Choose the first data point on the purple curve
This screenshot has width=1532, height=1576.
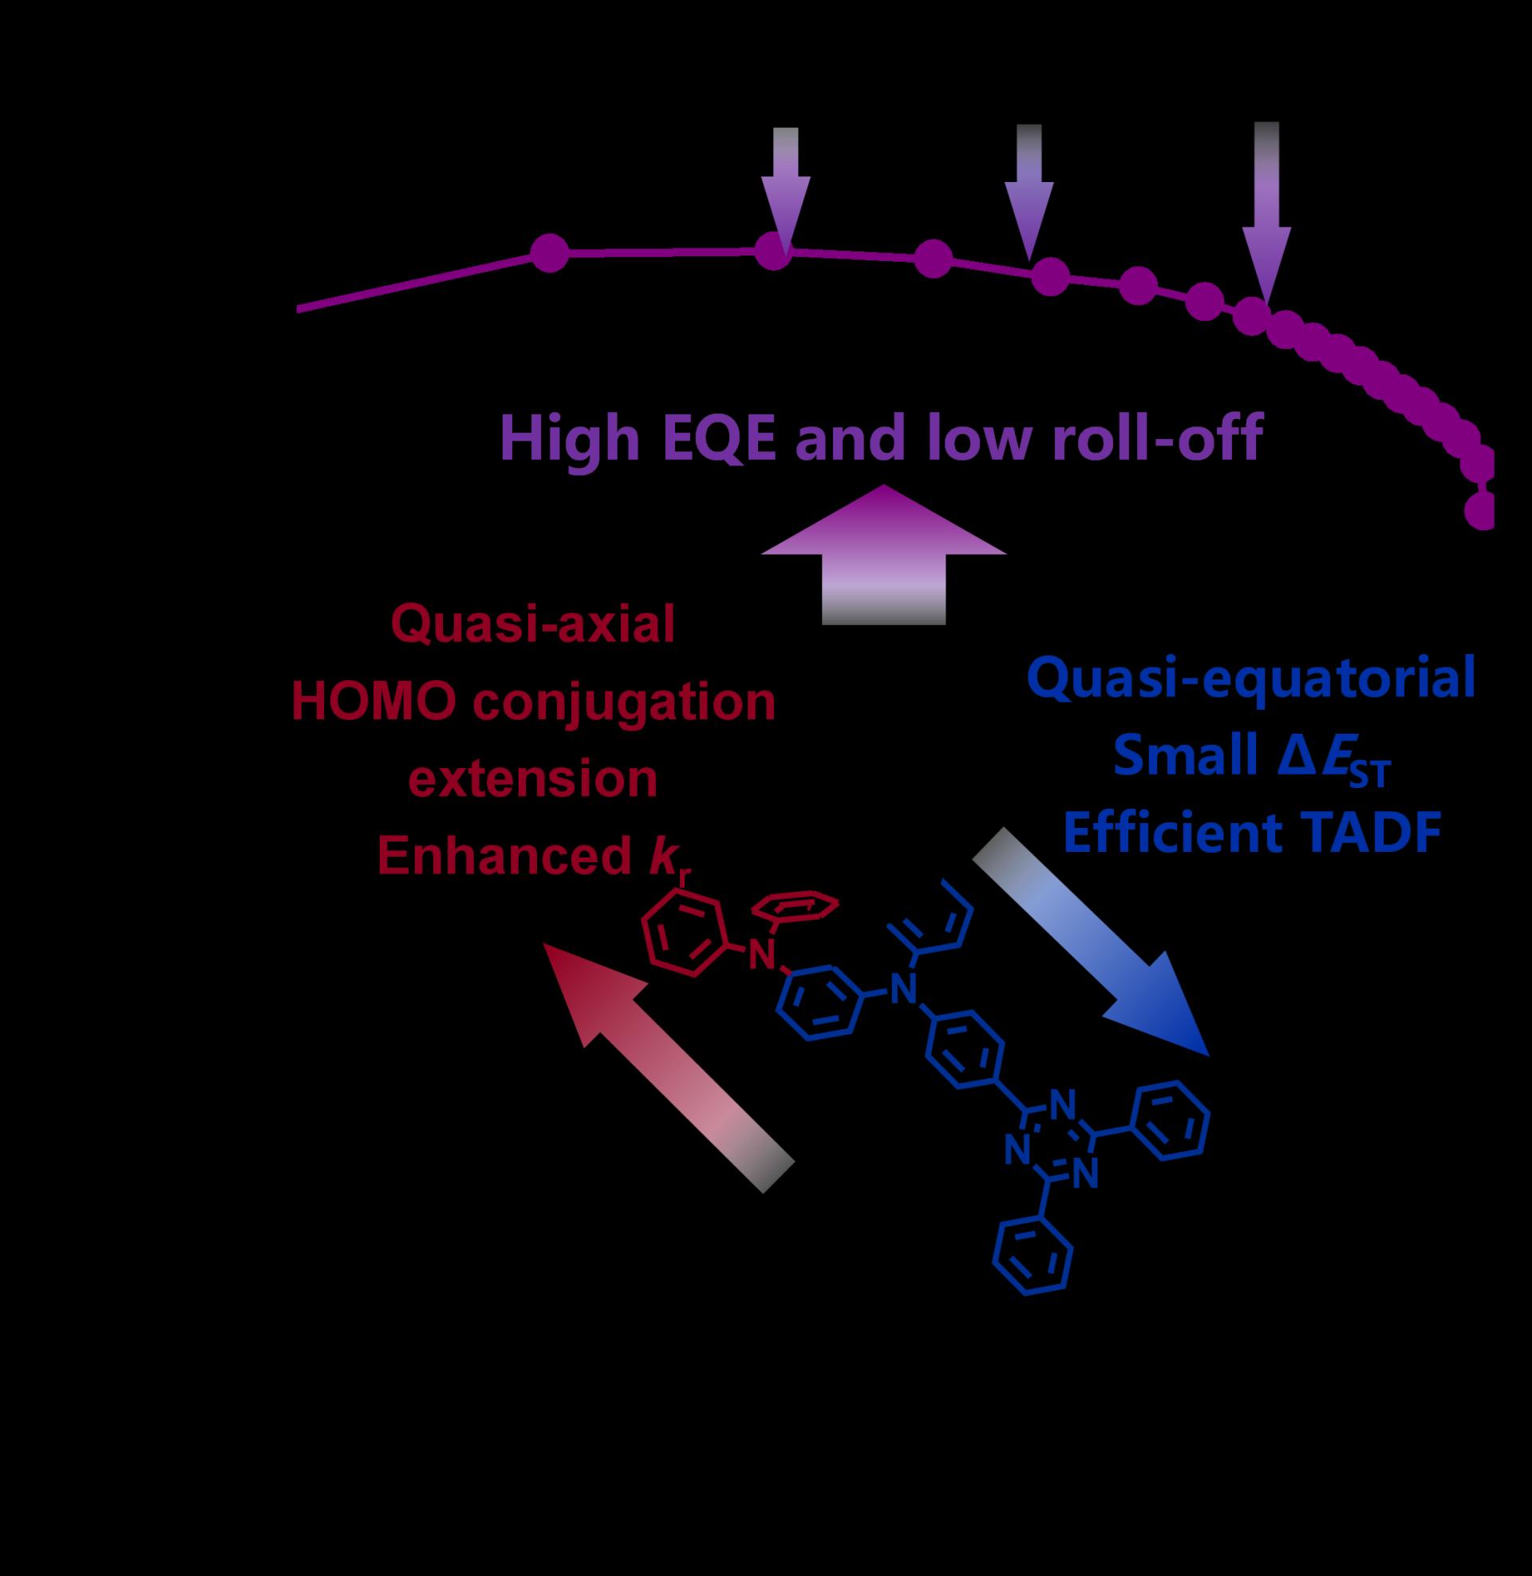[x=549, y=254]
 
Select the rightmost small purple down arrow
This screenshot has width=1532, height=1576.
[x=1266, y=217]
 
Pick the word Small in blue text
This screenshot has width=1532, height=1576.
[x=1175, y=757]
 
